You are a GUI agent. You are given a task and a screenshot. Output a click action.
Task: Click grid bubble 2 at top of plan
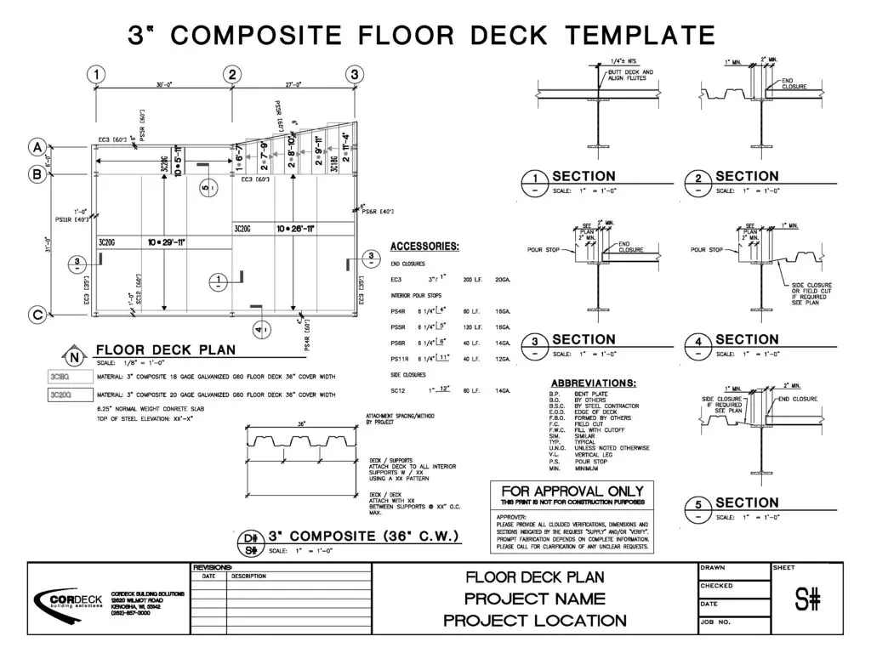coord(231,74)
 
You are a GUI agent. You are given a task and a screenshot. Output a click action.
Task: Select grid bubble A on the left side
coord(37,147)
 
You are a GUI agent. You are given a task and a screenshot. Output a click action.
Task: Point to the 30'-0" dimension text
coord(163,84)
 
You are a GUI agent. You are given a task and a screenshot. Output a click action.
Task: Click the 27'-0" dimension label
coord(293,84)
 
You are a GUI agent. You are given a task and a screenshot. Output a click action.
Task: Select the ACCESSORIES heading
coord(424,247)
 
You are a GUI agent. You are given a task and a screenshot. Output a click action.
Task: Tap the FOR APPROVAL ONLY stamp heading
coord(572,491)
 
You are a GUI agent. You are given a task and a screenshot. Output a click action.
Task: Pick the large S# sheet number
coord(808,600)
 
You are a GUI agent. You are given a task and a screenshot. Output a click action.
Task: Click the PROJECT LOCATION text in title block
coord(535,621)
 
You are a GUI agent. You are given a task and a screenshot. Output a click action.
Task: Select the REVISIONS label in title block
coord(213,567)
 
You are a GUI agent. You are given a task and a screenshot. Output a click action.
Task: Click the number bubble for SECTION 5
coord(698,508)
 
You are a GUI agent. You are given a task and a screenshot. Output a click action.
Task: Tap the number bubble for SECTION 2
coord(698,181)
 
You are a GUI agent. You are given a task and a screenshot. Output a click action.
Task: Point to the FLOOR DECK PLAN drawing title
coord(166,349)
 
